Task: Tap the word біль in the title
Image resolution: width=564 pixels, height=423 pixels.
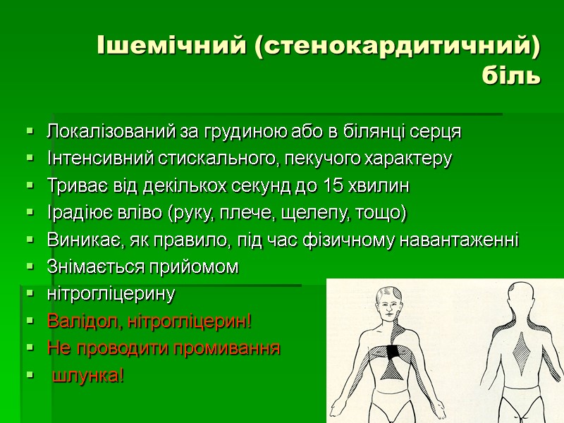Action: tap(513, 75)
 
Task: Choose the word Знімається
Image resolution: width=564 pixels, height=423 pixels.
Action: tap(88, 267)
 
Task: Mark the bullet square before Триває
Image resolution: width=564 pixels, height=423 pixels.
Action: tap(29, 186)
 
